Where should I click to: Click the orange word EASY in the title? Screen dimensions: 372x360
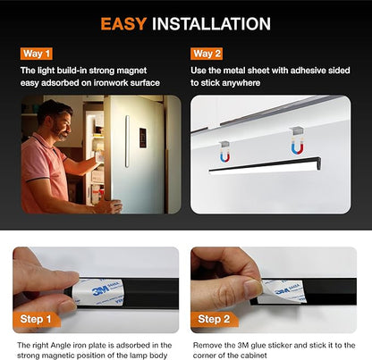point(123,24)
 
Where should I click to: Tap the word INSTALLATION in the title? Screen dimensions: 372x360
point(211,24)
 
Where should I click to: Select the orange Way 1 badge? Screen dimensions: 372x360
point(37,54)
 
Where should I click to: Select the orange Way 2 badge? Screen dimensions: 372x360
point(207,54)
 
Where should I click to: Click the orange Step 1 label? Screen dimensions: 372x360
point(36,319)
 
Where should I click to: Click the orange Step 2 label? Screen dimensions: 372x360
point(214,319)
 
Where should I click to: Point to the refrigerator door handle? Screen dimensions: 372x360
point(127,141)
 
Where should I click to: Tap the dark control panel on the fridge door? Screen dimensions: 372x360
point(143,138)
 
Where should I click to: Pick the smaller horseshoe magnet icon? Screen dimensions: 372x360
point(224,156)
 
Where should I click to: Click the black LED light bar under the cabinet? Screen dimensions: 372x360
point(265,166)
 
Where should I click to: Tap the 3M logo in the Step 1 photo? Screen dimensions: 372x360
point(99,290)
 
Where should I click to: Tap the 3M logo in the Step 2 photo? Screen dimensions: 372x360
point(282,290)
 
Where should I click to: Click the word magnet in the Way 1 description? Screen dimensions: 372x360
point(131,71)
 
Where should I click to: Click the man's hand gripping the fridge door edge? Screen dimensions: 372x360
point(110,206)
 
